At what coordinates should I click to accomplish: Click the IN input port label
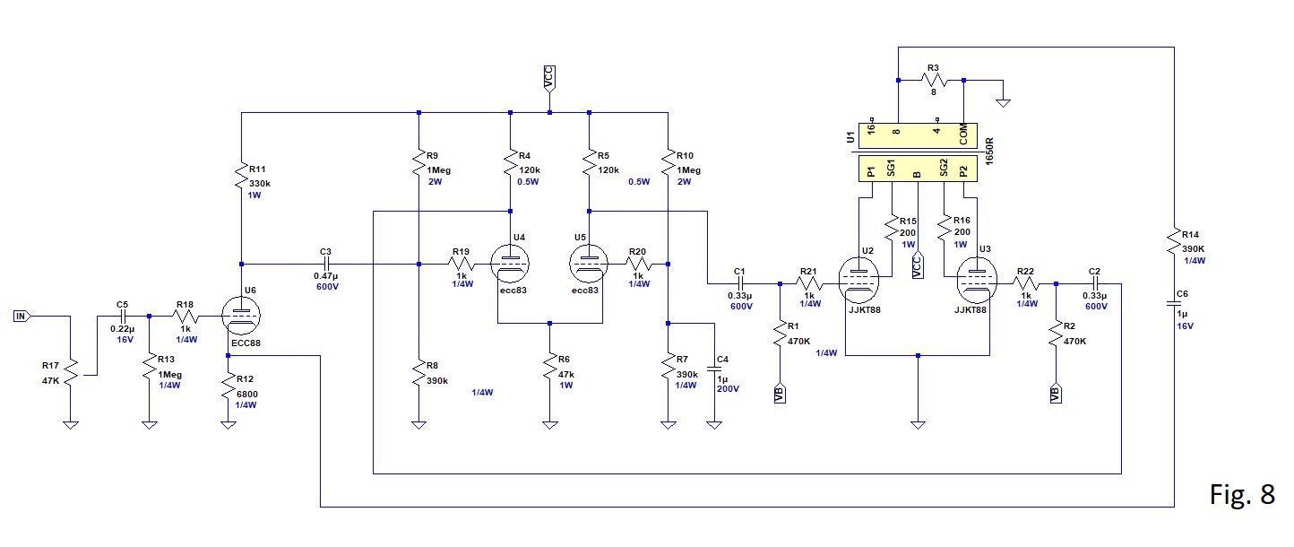pyautogui.click(x=22, y=316)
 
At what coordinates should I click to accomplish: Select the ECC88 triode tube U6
pyautogui.click(x=241, y=316)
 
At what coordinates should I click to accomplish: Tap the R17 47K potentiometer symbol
pyautogui.click(x=71, y=373)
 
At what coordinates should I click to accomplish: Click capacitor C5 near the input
pyautogui.click(x=123, y=317)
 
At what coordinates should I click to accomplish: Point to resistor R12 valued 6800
pyautogui.click(x=229, y=388)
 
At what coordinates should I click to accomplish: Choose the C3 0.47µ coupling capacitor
pyautogui.click(x=326, y=265)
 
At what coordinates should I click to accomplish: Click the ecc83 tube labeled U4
pyautogui.click(x=510, y=264)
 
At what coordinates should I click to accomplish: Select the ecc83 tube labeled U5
pyautogui.click(x=589, y=264)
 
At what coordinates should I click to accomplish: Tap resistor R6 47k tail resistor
pyautogui.click(x=550, y=368)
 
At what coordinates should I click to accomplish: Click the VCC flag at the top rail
pyautogui.click(x=548, y=78)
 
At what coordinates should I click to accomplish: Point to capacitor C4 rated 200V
pyautogui.click(x=714, y=368)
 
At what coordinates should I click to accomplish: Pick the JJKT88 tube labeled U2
pyautogui.click(x=858, y=280)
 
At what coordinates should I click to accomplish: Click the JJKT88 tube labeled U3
pyautogui.click(x=977, y=280)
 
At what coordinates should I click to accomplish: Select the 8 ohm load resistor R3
pyautogui.click(x=931, y=81)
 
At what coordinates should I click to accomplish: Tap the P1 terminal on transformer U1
pyautogui.click(x=871, y=171)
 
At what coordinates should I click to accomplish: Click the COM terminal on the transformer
pyautogui.click(x=963, y=135)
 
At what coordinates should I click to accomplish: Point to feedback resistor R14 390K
pyautogui.click(x=1174, y=241)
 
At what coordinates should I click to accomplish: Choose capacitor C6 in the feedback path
pyautogui.click(x=1174, y=303)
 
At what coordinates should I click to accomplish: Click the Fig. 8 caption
pyautogui.click(x=1242, y=494)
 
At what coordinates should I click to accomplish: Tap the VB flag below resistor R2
pyautogui.click(x=1056, y=393)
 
